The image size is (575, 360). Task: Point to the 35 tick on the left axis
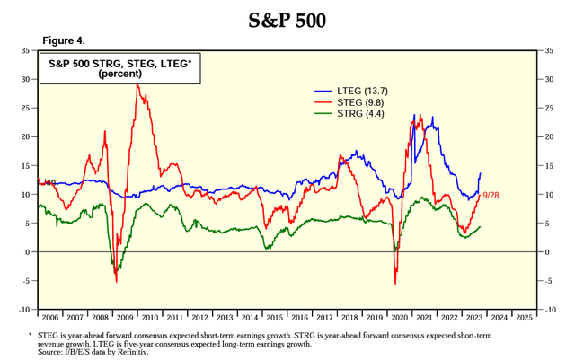[x=26, y=51]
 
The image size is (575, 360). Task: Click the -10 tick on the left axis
[x=24, y=310]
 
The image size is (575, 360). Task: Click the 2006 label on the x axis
[x=49, y=317]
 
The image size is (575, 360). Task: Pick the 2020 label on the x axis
[x=399, y=317]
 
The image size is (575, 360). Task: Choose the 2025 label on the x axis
[x=524, y=317]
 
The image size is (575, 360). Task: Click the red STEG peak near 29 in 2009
[x=137, y=85]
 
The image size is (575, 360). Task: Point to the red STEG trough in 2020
[x=395, y=283]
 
